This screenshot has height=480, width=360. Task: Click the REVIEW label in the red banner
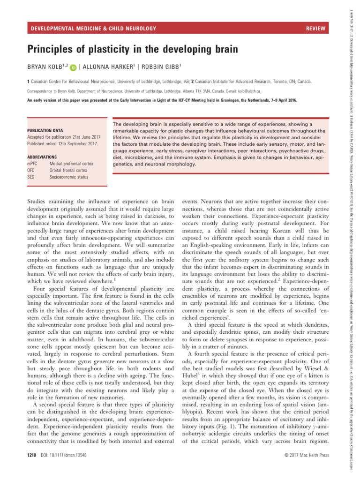[315, 29]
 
